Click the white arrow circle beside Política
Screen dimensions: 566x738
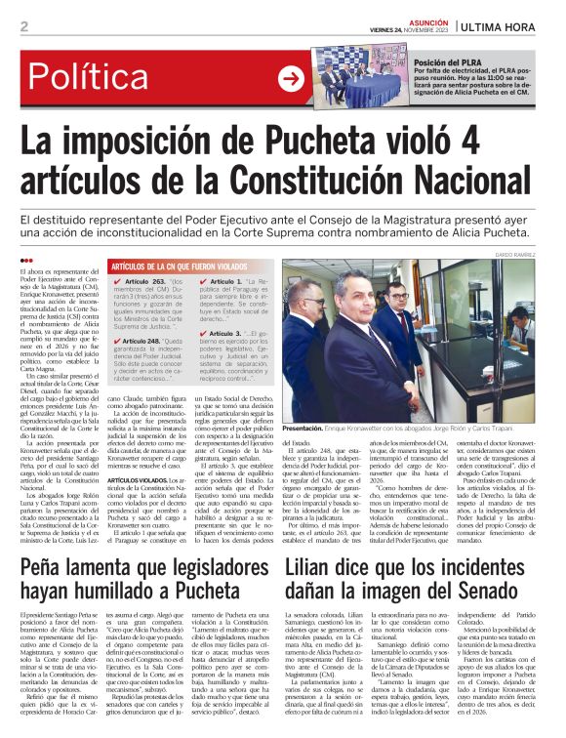tap(290, 78)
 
